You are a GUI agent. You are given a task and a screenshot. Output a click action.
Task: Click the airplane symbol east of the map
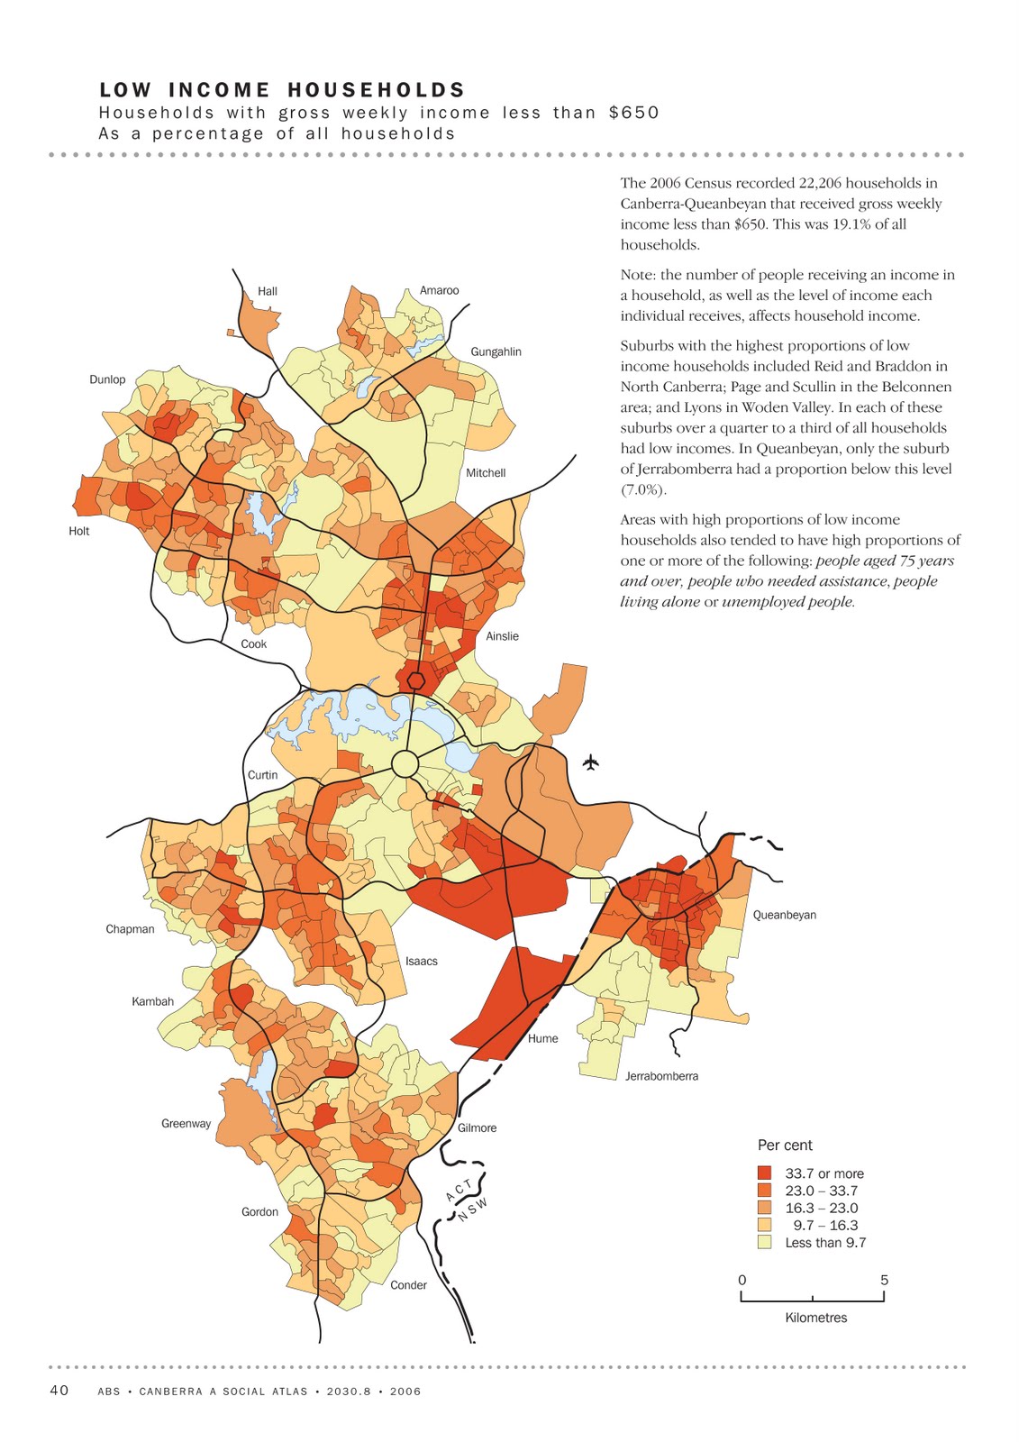click(x=591, y=763)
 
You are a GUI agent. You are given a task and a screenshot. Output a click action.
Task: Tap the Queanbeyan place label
click(x=784, y=915)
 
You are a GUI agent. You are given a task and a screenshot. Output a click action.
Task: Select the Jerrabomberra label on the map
click(x=661, y=1076)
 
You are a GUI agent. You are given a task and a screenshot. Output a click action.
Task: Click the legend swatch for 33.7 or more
click(x=764, y=1173)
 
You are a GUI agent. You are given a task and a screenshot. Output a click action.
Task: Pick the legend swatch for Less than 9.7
click(x=764, y=1242)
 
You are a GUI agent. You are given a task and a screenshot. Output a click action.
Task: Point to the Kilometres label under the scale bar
click(x=815, y=1318)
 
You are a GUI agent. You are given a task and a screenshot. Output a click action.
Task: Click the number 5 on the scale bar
click(x=884, y=1280)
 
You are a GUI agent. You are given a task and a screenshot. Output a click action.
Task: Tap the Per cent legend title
click(x=785, y=1145)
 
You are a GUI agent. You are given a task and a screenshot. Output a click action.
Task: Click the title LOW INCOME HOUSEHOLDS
click(x=282, y=90)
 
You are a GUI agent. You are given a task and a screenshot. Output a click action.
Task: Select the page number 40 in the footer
click(x=59, y=1391)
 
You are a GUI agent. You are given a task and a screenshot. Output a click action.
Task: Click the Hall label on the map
click(x=268, y=291)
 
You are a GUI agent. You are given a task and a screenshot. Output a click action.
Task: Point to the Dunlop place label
click(x=107, y=379)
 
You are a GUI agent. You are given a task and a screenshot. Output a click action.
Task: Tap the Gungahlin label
click(x=496, y=351)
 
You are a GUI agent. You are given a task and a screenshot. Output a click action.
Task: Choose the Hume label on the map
click(x=542, y=1038)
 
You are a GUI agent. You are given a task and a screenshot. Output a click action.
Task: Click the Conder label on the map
click(x=408, y=1285)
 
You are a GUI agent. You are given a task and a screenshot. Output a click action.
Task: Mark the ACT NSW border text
click(x=466, y=1198)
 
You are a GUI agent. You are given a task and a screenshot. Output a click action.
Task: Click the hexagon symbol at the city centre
click(x=415, y=680)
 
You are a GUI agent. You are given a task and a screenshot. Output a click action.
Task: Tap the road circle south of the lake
click(x=405, y=764)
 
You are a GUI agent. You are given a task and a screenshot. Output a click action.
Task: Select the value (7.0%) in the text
click(x=643, y=489)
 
